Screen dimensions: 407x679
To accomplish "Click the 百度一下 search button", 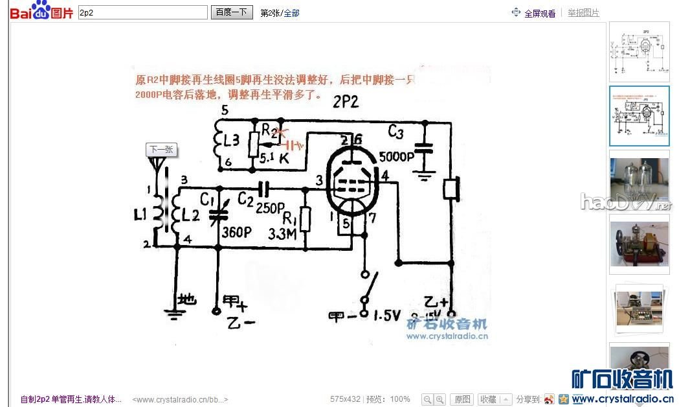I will [233, 12].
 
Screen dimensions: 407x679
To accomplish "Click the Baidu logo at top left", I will [40, 12].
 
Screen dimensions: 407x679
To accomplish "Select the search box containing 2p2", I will [142, 12].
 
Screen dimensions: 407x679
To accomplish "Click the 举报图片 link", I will [583, 13].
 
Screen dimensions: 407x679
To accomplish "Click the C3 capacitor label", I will [395, 132].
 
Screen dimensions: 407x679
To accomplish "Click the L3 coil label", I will [231, 139].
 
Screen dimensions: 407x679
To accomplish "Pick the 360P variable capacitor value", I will [236, 232].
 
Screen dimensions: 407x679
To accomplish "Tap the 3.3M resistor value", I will [283, 233].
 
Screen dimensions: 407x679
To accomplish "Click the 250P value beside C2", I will [269, 208].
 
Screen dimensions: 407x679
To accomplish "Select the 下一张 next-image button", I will [161, 150].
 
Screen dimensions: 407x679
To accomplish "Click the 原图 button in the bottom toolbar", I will [462, 399].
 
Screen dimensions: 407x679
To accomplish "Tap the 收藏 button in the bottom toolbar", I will [489, 399].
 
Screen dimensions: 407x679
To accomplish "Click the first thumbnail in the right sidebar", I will [639, 51].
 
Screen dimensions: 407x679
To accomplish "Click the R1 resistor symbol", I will [306, 220].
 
